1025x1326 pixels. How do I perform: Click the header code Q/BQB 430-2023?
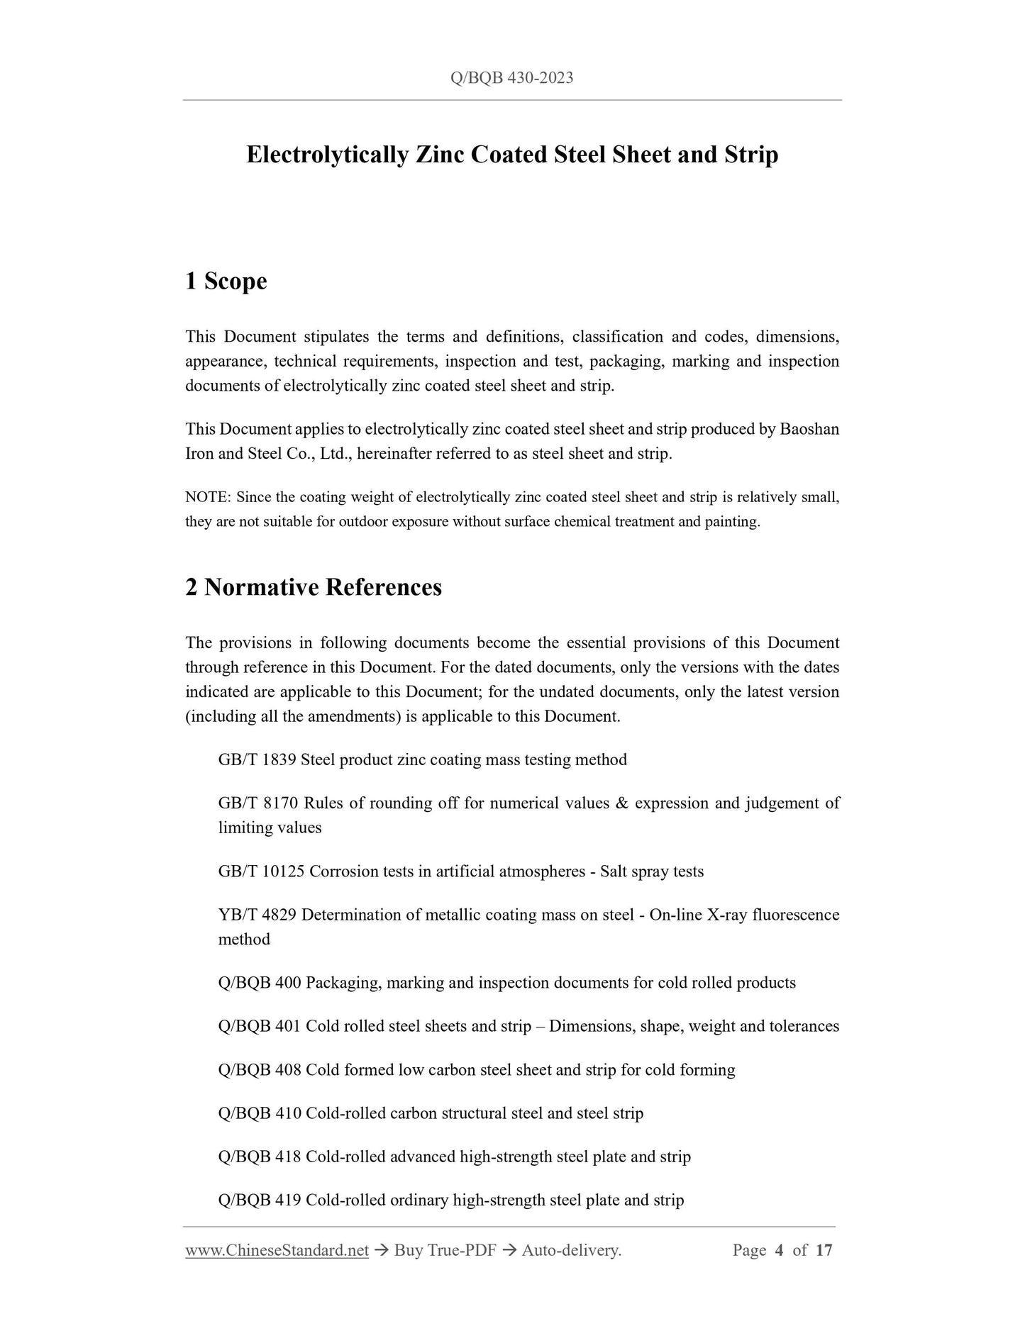[511, 78]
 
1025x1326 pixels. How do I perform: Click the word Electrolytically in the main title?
[327, 155]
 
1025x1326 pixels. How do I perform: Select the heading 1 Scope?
[226, 282]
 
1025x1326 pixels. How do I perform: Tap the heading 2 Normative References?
[313, 587]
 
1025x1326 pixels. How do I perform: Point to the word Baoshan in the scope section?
[809, 430]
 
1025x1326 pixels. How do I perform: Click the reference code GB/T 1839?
[257, 760]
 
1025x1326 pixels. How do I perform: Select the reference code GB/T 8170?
[257, 803]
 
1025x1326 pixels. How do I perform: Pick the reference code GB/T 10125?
[261, 871]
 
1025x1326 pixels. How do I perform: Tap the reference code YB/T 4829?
[257, 915]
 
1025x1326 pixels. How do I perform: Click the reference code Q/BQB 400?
[260, 983]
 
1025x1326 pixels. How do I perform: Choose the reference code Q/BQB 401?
[260, 1026]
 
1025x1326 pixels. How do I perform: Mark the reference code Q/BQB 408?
[260, 1070]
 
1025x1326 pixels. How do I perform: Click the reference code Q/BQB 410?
[260, 1113]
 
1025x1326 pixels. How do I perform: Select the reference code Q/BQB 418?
[260, 1157]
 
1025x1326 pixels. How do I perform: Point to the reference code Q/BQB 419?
[260, 1200]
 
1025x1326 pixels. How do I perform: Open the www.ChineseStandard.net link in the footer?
[277, 1251]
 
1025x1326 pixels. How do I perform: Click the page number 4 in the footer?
[779, 1251]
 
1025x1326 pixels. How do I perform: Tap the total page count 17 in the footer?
[824, 1251]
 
